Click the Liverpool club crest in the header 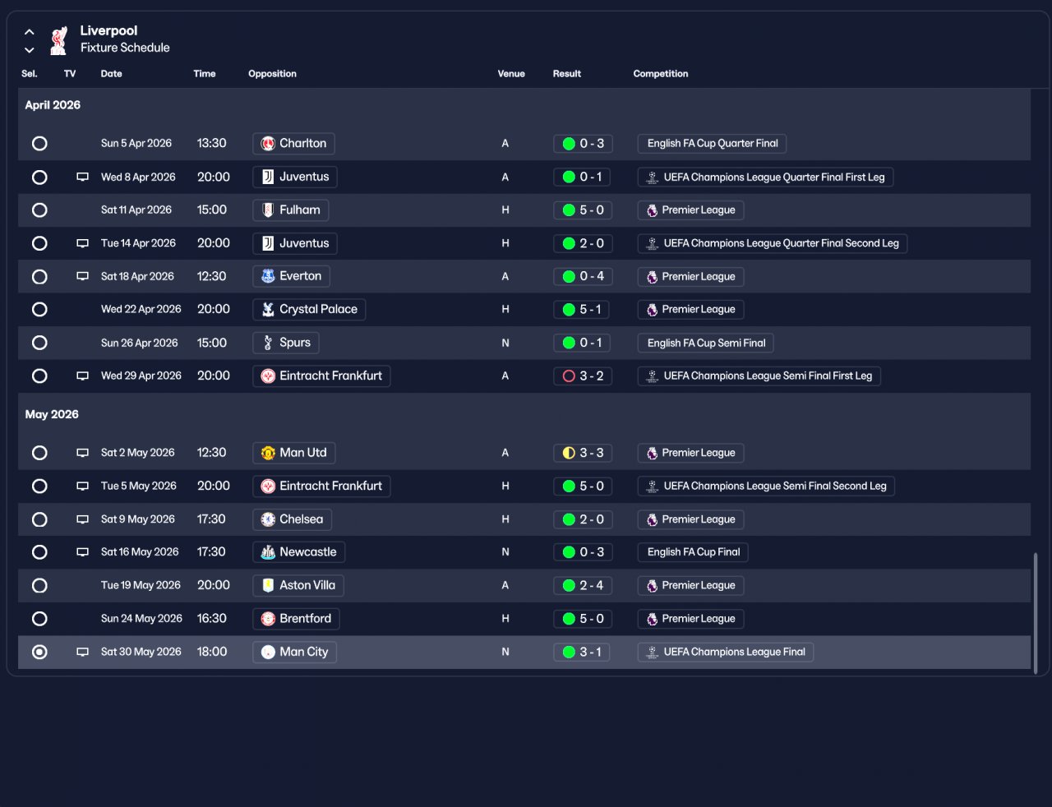click(x=58, y=40)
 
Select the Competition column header click(x=660, y=74)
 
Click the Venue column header click(x=510, y=74)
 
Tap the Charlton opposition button click(x=293, y=144)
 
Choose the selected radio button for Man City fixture click(x=39, y=653)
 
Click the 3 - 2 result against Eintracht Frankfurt click(x=583, y=376)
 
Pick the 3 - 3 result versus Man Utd click(x=583, y=453)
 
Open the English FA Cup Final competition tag click(x=693, y=552)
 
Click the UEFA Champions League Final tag click(x=725, y=653)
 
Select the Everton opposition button click(x=291, y=277)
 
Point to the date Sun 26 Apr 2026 click(x=139, y=344)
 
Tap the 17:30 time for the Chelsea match click(x=211, y=519)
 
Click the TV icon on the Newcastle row click(x=82, y=552)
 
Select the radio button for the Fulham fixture click(x=39, y=210)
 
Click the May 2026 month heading click(x=52, y=415)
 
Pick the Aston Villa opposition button click(x=298, y=586)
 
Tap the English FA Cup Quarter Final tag click(x=712, y=144)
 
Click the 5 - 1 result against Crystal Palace click(x=583, y=310)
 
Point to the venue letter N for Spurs click(x=505, y=344)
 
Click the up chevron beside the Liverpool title click(x=30, y=32)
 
